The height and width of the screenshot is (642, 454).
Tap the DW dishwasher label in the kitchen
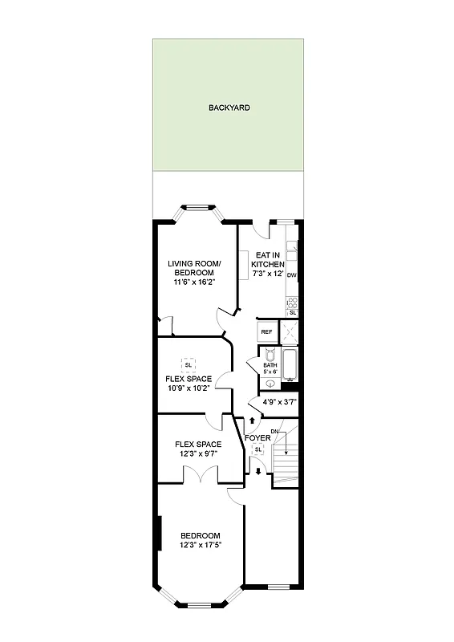[x=292, y=275]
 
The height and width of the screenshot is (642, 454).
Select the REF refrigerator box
[x=266, y=331]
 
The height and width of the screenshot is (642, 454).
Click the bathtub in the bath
[x=290, y=365]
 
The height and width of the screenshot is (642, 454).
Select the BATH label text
[x=270, y=365]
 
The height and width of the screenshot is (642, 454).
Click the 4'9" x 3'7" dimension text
[x=274, y=403]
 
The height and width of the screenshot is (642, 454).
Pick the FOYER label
[x=258, y=437]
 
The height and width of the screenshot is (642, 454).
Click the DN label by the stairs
[x=274, y=433]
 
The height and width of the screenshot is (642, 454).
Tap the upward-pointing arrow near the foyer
[x=253, y=420]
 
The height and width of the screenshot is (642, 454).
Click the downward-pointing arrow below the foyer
[x=258, y=471]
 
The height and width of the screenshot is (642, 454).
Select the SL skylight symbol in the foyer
[x=258, y=450]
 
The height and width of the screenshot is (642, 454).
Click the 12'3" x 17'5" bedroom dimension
[x=200, y=546]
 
